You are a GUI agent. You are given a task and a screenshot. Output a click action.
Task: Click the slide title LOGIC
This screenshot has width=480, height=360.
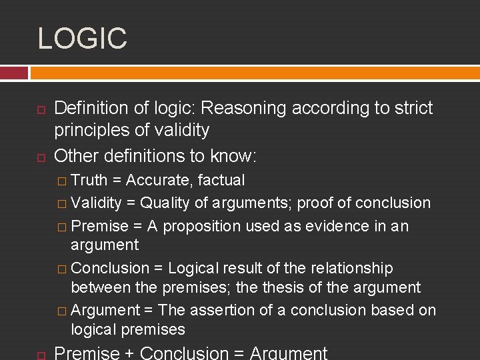[82, 38]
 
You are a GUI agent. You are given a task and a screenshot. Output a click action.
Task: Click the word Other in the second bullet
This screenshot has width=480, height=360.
[75, 156]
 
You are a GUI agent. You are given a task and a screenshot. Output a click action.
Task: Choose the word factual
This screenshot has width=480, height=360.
[221, 180]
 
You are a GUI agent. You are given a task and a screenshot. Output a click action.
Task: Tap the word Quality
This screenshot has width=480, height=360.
[166, 203]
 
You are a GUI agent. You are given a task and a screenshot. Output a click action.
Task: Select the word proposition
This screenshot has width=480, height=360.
[202, 226]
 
